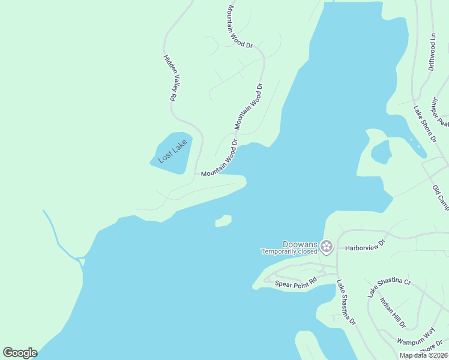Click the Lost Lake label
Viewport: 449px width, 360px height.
173,151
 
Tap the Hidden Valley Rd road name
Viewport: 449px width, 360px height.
169,77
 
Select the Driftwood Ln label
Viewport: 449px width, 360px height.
432,52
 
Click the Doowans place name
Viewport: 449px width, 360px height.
300,244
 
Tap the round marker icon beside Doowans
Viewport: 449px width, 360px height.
326,246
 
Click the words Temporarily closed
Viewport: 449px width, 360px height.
288,252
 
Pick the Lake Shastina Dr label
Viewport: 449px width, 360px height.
346,302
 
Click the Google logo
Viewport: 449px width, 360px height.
20,353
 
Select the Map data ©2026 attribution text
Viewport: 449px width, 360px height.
423,355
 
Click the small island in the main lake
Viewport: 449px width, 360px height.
223,221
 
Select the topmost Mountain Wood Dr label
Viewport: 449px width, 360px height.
241,26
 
